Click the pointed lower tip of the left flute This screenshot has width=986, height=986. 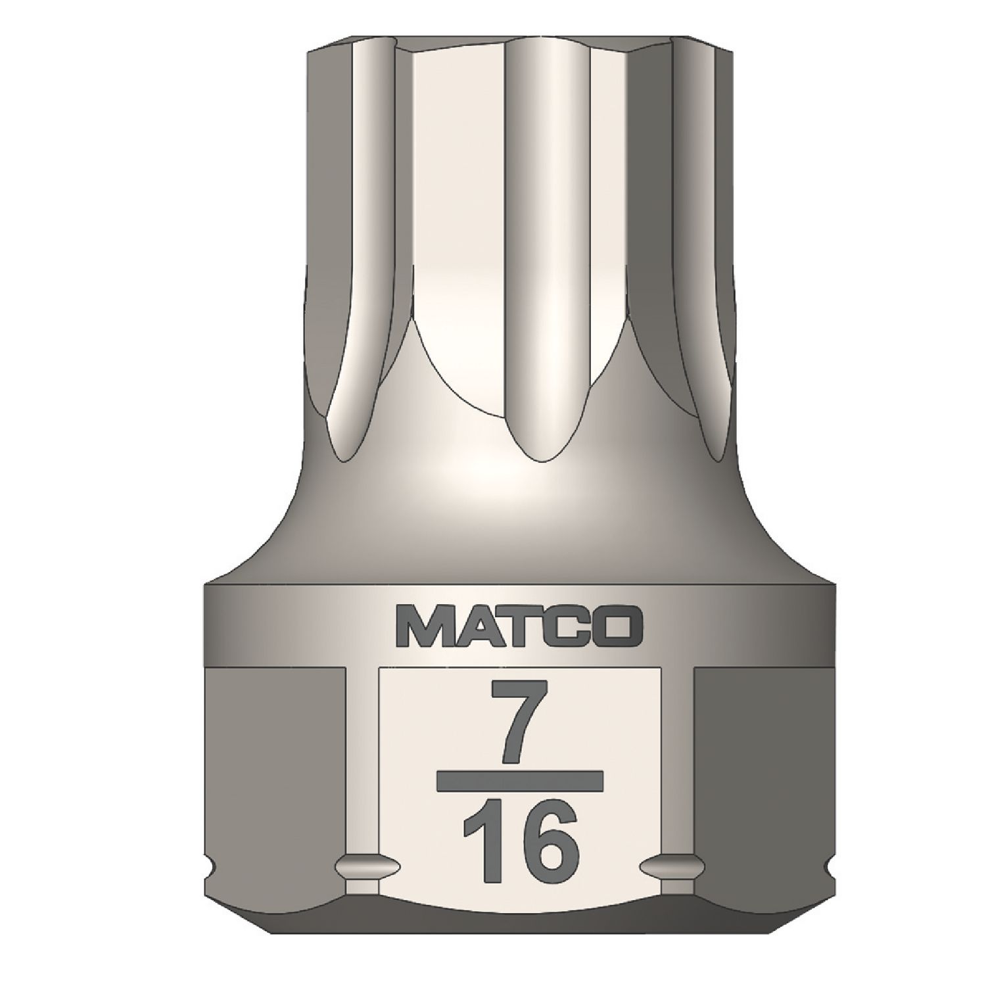point(346,456)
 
